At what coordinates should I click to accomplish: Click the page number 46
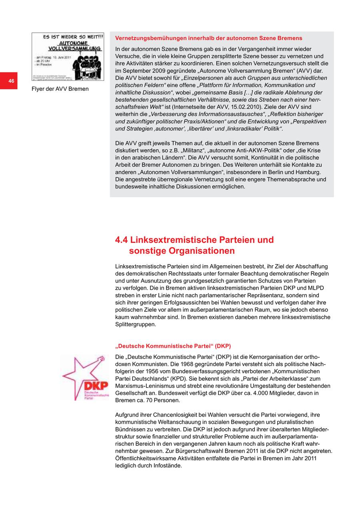pyautogui.click(x=11, y=81)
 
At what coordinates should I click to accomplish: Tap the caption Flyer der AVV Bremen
pyautogui.click(x=60, y=89)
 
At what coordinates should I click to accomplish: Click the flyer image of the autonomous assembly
pyautogui.click(x=68, y=56)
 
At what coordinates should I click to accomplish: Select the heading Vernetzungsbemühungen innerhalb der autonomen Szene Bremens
pyautogui.click(x=208, y=38)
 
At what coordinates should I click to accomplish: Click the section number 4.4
pyautogui.click(x=122, y=240)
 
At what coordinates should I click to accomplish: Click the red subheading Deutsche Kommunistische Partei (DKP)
pyautogui.click(x=173, y=346)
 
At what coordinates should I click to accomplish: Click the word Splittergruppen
pyautogui.click(x=135, y=325)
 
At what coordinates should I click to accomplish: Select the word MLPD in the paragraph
pyautogui.click(x=315, y=288)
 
